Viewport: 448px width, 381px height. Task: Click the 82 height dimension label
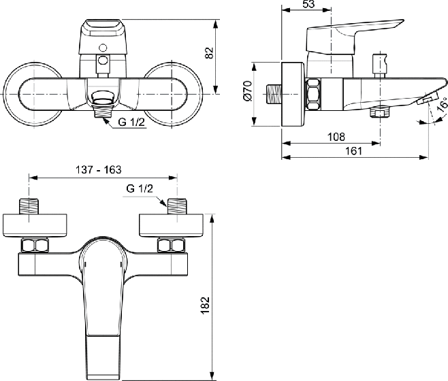point(210,53)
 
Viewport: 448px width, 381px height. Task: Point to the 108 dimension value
point(336,137)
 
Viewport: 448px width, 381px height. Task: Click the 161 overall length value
point(354,151)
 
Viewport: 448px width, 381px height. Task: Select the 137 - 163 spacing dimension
point(98,169)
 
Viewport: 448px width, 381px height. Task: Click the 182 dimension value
point(205,305)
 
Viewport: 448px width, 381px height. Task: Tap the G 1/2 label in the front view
point(131,122)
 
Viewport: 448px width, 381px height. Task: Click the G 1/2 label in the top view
point(140,188)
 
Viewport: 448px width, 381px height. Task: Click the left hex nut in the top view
point(35,246)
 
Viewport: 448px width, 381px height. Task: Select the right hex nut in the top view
point(171,246)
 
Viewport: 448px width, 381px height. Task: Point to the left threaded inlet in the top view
point(29,206)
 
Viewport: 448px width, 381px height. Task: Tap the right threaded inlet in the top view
point(177,206)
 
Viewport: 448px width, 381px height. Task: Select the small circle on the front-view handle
point(102,48)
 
